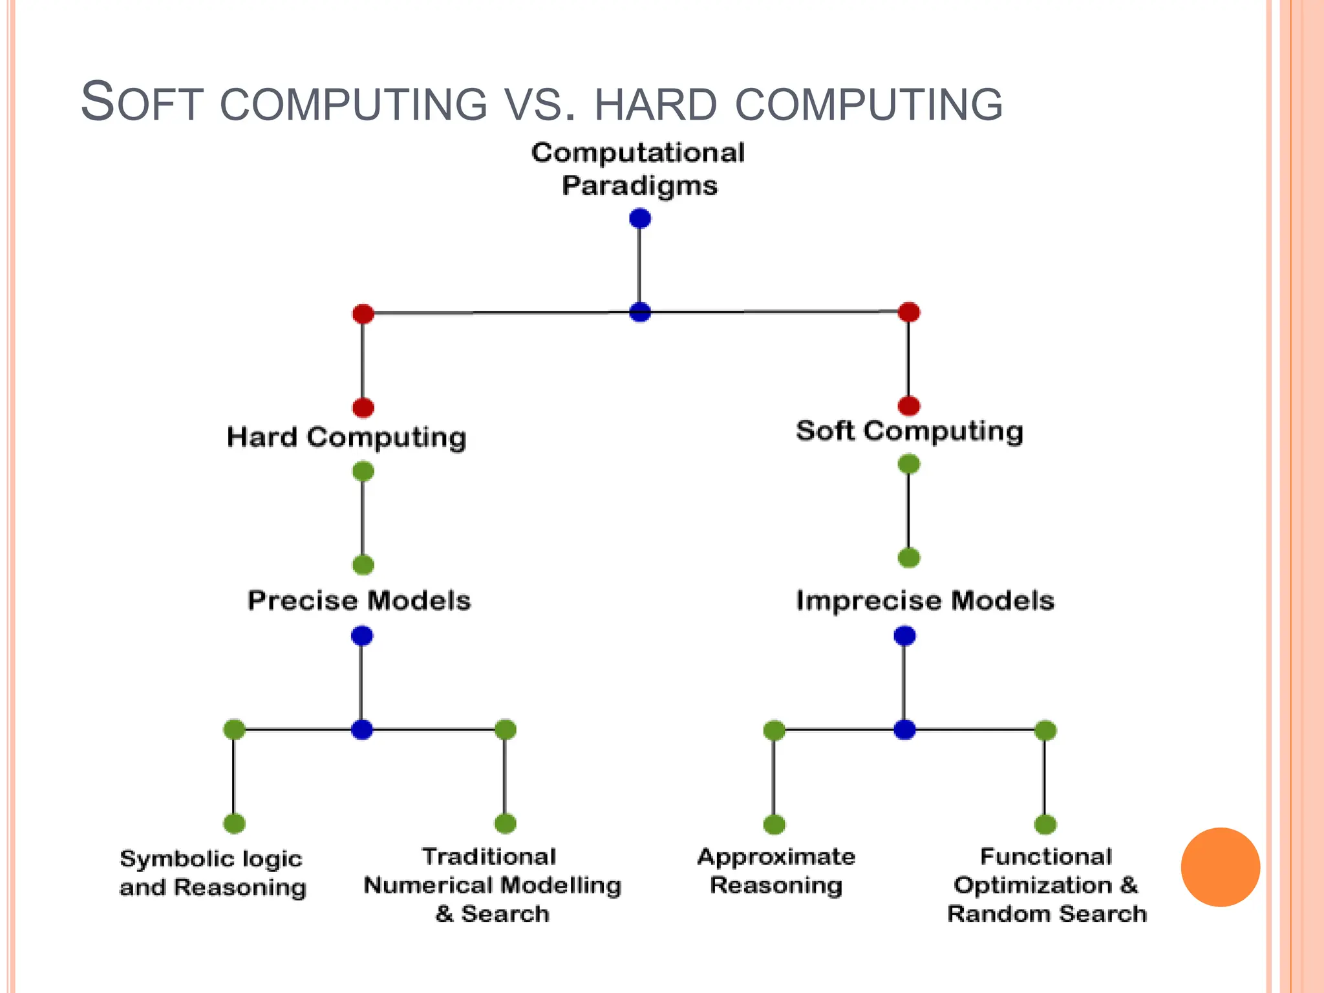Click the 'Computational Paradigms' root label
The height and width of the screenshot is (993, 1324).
[x=639, y=169]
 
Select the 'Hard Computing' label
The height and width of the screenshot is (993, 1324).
[x=347, y=438]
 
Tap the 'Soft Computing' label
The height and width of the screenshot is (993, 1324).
[x=909, y=431]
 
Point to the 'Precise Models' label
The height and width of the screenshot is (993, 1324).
[x=359, y=601]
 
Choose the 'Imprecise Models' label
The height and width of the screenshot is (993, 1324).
[x=925, y=601]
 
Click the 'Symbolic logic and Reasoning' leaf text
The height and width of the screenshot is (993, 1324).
[x=212, y=873]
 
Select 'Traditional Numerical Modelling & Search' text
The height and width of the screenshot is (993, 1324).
[x=492, y=885]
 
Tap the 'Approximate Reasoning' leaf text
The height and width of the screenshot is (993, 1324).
[x=776, y=871]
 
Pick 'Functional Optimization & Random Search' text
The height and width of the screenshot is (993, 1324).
[x=1047, y=885]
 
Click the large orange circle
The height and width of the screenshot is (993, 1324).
[x=1220, y=867]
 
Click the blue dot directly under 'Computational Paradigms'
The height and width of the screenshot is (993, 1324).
[x=640, y=219]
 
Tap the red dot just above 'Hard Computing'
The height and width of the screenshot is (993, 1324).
[x=363, y=408]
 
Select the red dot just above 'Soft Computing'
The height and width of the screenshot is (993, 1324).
[x=909, y=406]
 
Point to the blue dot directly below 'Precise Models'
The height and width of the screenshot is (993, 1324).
[x=362, y=636]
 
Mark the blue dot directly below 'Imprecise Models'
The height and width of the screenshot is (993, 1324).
[x=904, y=636]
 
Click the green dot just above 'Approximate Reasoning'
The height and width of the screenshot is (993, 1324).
[x=774, y=824]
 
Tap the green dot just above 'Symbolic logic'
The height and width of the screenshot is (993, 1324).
[x=234, y=824]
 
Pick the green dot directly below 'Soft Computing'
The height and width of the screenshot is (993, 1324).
[x=909, y=464]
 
